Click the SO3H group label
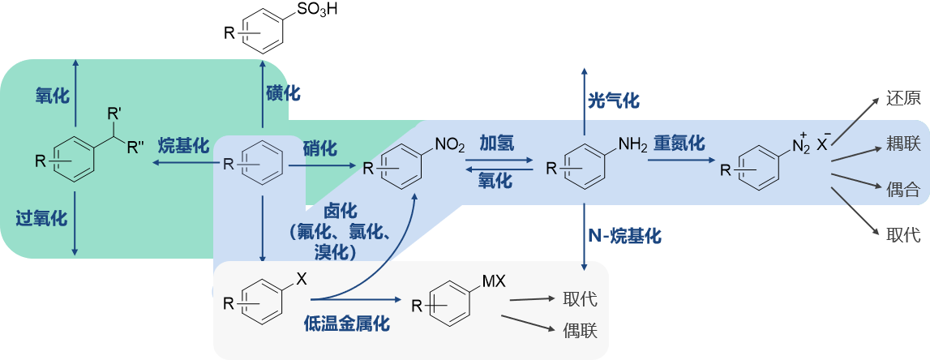click(x=309, y=11)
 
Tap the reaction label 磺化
click(x=283, y=92)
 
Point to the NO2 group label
click(x=450, y=145)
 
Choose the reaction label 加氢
click(x=496, y=143)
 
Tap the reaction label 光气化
click(x=614, y=101)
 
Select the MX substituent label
click(x=494, y=281)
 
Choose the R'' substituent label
click(x=135, y=146)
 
